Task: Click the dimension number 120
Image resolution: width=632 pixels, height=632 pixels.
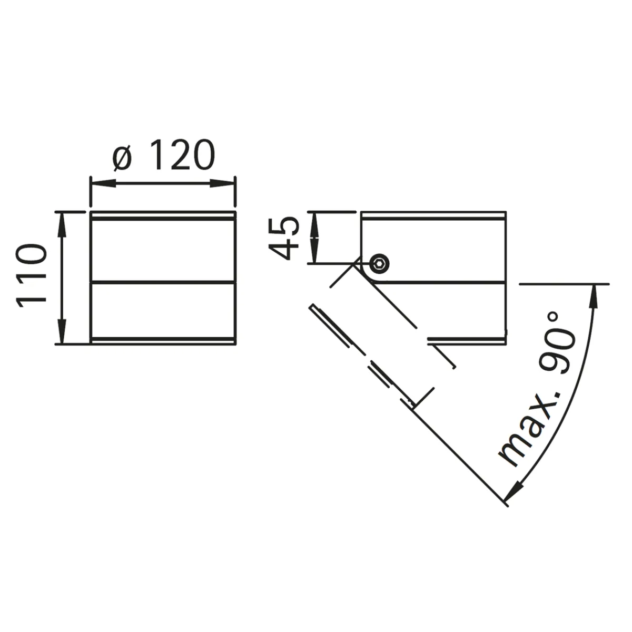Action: coord(179,156)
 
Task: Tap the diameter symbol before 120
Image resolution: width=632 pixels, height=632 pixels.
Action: coord(122,157)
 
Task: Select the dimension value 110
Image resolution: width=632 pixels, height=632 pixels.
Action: coord(33,278)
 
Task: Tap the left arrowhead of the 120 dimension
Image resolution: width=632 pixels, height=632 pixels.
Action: coord(103,183)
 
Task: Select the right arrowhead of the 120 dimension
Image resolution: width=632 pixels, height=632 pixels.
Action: coord(223,183)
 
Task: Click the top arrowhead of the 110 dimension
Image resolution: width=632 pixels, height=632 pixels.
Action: coord(63,223)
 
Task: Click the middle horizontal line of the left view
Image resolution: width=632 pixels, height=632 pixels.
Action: coord(163,281)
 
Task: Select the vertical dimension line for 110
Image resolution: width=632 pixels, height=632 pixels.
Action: coord(63,278)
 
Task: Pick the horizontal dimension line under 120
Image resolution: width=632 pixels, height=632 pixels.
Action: coord(163,183)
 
